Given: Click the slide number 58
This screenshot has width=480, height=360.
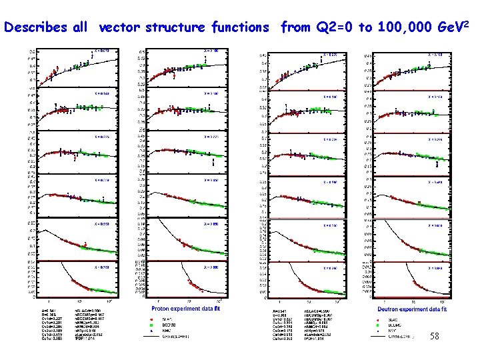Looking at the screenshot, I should coord(435,338).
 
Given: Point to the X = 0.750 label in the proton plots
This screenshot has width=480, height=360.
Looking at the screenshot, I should coord(101,267).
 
